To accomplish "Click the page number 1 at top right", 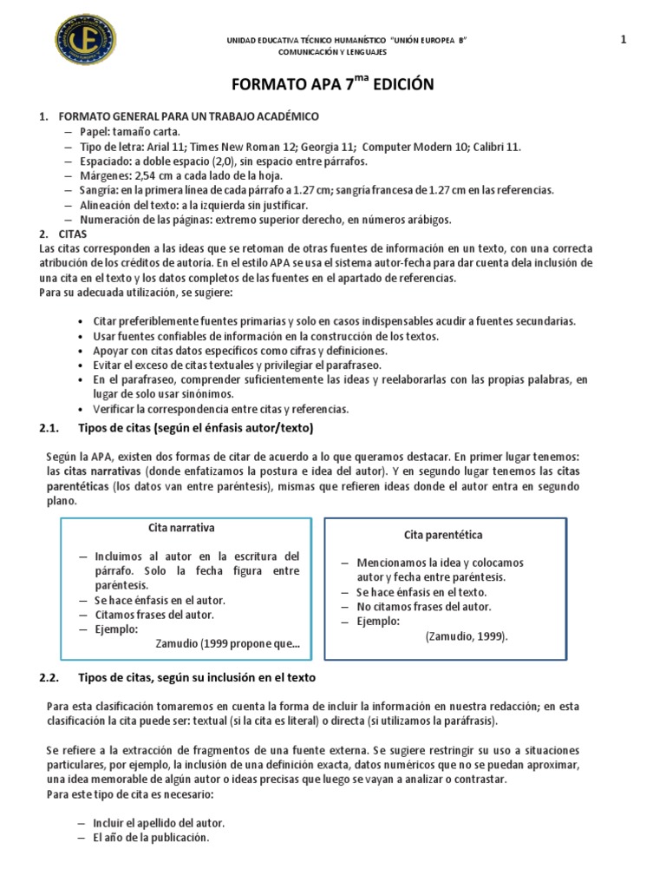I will (623, 38).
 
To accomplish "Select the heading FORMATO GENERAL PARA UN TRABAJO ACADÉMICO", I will (188, 116).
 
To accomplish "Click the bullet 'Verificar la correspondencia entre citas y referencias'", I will (219, 408).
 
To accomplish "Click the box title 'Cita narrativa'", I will (182, 528).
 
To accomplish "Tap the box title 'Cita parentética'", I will (443, 535).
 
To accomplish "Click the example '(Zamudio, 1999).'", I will (467, 636).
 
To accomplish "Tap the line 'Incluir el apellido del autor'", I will (157, 822).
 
